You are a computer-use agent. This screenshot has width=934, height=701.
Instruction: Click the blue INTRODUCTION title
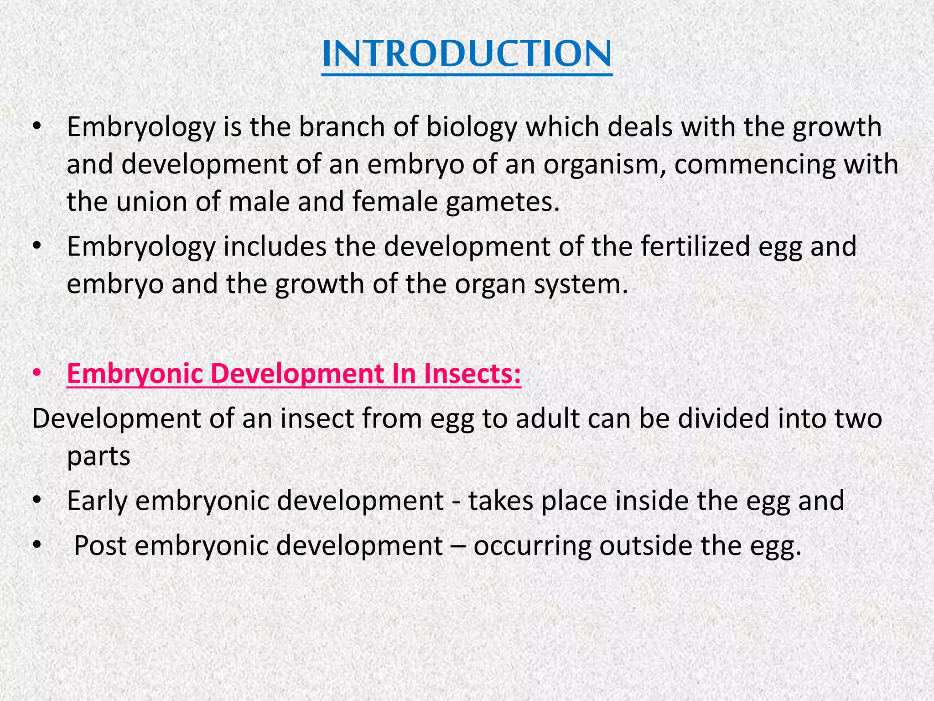(467, 54)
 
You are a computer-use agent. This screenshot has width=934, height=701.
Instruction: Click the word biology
(471, 127)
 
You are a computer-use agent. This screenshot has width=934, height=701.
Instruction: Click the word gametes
(502, 202)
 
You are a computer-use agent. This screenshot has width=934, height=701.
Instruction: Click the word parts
(99, 456)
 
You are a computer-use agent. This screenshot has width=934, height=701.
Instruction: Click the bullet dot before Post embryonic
(37, 545)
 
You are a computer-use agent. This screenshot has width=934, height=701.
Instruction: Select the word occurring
(532, 546)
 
